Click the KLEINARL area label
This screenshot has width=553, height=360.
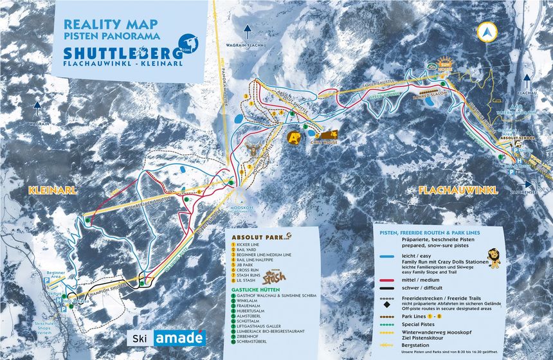53,190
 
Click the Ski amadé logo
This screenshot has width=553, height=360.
167,338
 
